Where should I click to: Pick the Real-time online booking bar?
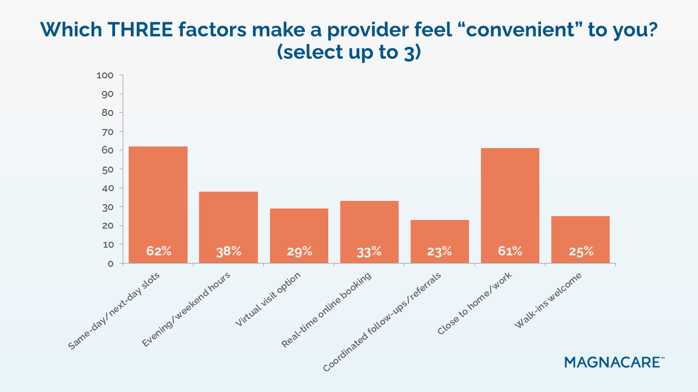(369, 231)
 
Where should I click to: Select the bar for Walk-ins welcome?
(580, 240)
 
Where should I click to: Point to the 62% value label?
(159, 251)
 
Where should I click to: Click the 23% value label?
(440, 251)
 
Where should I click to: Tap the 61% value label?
(510, 251)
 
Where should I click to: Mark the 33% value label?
(369, 251)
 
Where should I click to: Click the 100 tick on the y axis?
(105, 75)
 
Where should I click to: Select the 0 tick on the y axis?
(111, 264)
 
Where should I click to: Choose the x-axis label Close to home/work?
(474, 303)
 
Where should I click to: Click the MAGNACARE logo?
(615, 362)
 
